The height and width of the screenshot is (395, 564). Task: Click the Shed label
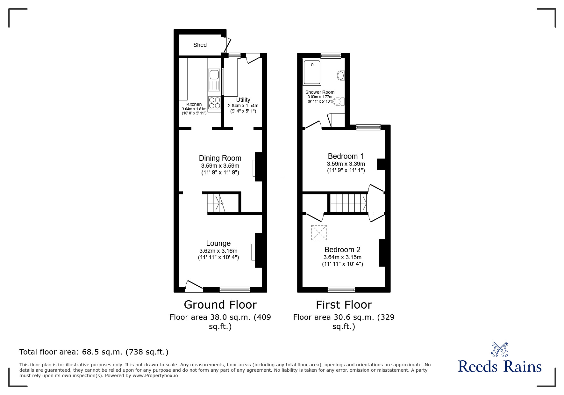(200, 45)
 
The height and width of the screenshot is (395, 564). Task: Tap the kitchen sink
(213, 75)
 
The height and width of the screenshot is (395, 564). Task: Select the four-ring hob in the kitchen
(214, 103)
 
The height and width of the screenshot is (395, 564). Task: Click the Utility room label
(243, 100)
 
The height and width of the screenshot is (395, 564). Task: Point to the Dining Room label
(220, 158)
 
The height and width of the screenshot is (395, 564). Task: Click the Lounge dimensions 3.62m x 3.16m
(218, 251)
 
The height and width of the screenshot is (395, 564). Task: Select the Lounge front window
(235, 289)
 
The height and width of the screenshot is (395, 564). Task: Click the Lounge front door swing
(193, 286)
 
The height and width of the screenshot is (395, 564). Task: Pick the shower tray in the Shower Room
(312, 72)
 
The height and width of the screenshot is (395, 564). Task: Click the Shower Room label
(320, 92)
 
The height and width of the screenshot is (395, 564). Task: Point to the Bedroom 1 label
(346, 156)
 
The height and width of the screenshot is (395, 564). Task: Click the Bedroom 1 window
(368, 128)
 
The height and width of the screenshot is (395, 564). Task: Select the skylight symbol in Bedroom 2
(319, 232)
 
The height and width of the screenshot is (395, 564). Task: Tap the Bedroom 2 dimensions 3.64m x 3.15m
(342, 257)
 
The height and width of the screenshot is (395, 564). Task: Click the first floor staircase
(348, 203)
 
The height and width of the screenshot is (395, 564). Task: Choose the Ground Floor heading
(220, 305)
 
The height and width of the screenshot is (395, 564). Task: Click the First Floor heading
(344, 305)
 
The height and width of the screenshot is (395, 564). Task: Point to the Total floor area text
(94, 352)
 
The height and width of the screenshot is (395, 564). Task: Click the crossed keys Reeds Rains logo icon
(500, 349)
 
